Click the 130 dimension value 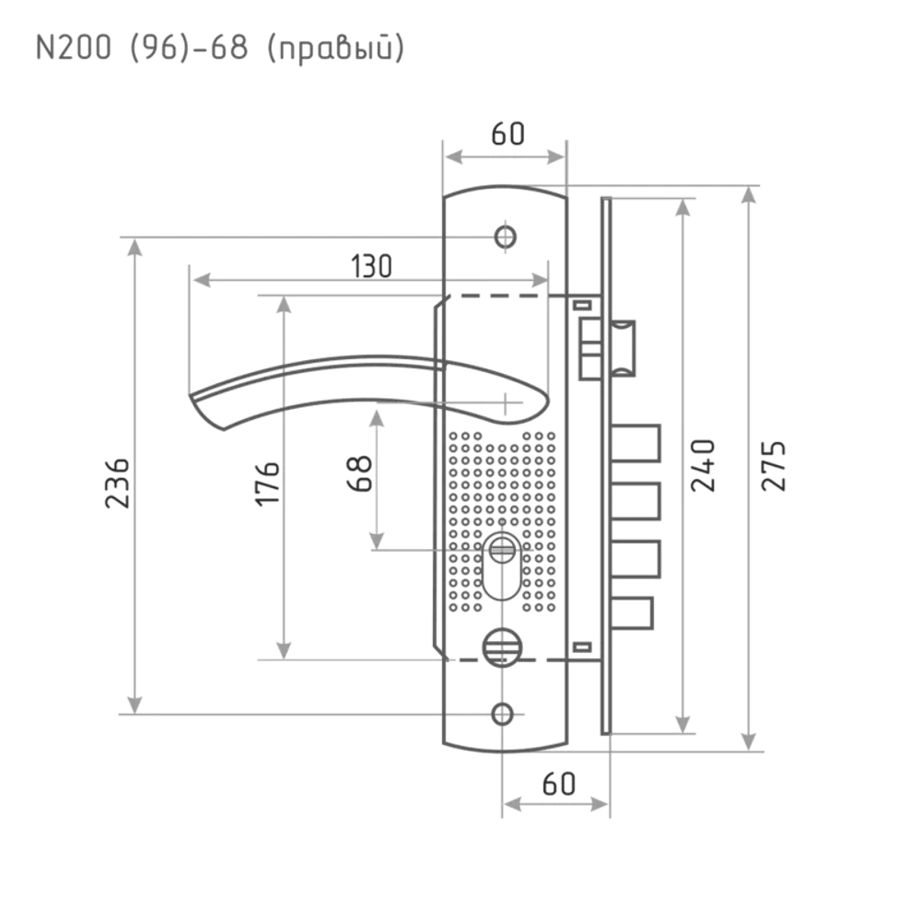[372, 265]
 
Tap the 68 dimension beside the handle [361, 474]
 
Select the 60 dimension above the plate [507, 135]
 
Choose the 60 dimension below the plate [557, 786]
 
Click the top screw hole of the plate [504, 235]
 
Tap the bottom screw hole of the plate [502, 712]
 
